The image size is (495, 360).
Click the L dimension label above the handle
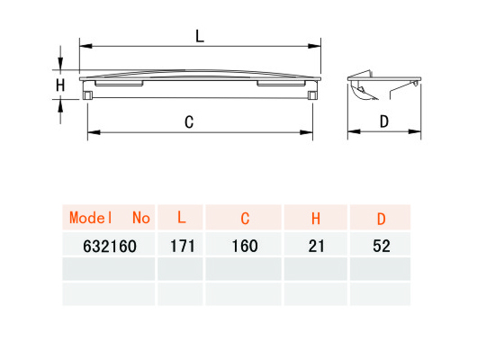[x=200, y=36]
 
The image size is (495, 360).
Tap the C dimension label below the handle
[x=189, y=122]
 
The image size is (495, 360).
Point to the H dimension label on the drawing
[x=60, y=85]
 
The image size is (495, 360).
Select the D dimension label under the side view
[x=384, y=121]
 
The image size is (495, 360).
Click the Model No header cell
[x=109, y=218]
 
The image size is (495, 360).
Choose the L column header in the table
[x=181, y=218]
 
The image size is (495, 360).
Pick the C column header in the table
[x=245, y=218]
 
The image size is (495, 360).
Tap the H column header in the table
[x=316, y=218]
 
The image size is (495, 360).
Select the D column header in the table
[x=382, y=219]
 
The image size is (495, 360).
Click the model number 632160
[x=110, y=247]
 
